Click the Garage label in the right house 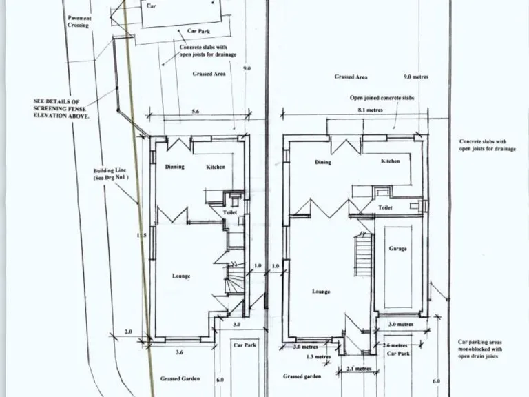pyautogui.click(x=397, y=248)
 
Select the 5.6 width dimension pyautogui.click(x=196, y=111)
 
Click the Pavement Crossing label pyautogui.click(x=78, y=21)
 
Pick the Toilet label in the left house pyautogui.click(x=230, y=213)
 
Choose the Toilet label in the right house pyautogui.click(x=386, y=207)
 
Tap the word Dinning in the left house pyautogui.click(x=174, y=167)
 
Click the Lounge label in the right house pyautogui.click(x=321, y=292)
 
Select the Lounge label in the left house pyautogui.click(x=181, y=276)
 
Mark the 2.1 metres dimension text pyautogui.click(x=358, y=369)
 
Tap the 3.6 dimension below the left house pyautogui.click(x=179, y=352)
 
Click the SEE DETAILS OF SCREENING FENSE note pyautogui.click(x=62, y=108)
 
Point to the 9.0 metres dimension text pyautogui.click(x=415, y=77)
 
